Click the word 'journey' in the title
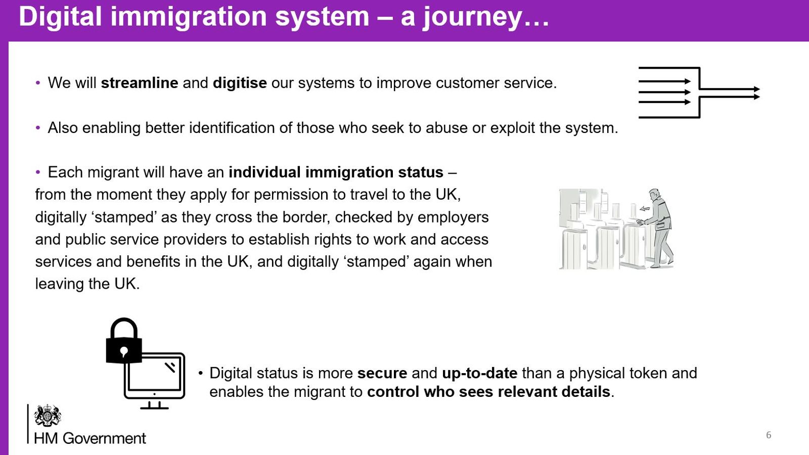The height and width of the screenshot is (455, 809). point(472,17)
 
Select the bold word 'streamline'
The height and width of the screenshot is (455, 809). point(140,83)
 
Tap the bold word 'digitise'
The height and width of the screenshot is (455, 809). point(240,83)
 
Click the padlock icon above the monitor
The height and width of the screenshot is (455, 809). point(124,341)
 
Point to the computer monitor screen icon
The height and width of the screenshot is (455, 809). point(154,376)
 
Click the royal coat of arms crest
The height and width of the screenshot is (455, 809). point(48,416)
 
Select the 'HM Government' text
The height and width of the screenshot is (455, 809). point(90,438)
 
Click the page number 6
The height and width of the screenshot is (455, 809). point(769,435)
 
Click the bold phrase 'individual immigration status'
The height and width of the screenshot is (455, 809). point(336,172)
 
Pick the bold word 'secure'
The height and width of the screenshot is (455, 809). point(382,373)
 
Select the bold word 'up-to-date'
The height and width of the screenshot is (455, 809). point(479,373)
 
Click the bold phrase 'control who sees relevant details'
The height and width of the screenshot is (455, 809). point(488,392)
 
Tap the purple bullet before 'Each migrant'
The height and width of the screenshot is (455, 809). point(38,172)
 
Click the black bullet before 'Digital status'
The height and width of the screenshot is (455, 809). point(201,374)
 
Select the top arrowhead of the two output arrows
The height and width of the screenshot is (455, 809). point(756,89)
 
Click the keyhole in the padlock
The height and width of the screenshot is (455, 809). point(124,351)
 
